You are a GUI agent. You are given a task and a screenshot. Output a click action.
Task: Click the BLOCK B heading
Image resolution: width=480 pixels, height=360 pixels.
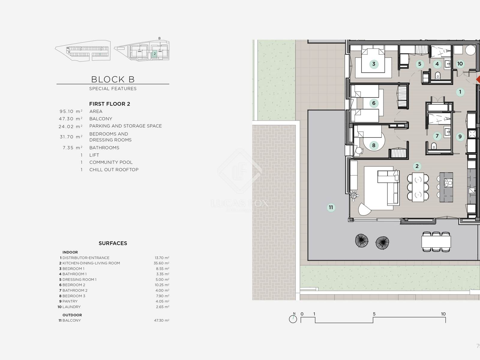(113, 79)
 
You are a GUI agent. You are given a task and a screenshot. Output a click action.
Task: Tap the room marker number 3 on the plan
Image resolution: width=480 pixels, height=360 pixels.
(374, 64)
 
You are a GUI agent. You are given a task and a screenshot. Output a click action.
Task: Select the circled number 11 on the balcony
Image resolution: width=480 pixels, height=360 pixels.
(331, 207)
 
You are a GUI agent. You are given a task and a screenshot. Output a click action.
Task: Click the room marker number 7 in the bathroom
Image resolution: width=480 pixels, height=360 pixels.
(437, 136)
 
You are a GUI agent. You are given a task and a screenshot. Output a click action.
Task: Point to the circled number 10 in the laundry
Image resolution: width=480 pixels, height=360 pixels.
(460, 64)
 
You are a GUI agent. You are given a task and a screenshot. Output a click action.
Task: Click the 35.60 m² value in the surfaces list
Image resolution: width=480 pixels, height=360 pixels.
(161, 263)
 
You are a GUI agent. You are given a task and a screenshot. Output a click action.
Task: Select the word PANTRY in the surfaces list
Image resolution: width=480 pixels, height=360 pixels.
(70, 301)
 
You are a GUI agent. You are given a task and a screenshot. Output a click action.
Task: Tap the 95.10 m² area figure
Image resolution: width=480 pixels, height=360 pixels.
(71, 112)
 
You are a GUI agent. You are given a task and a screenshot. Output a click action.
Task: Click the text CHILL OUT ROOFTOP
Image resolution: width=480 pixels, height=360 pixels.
(114, 169)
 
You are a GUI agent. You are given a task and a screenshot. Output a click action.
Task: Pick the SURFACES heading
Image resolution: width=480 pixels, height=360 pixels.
(113, 243)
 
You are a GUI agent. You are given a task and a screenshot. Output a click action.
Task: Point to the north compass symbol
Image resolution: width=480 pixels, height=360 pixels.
(293, 319)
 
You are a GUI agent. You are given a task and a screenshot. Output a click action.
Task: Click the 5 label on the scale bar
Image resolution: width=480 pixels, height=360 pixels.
(374, 314)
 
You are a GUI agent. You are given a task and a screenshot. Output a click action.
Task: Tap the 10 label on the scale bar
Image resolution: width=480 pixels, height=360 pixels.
(443, 314)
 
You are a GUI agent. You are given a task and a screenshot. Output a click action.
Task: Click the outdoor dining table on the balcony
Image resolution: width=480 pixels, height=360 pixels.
(436, 242)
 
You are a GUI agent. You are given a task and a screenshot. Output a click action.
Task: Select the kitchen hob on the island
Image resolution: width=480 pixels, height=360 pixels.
(448, 183)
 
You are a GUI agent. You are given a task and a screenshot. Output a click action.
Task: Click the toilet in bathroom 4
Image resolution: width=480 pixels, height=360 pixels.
(438, 76)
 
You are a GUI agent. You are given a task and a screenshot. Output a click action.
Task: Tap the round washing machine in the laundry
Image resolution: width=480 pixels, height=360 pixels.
(470, 50)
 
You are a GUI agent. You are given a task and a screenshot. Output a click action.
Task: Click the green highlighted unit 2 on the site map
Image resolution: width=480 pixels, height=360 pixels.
(154, 54)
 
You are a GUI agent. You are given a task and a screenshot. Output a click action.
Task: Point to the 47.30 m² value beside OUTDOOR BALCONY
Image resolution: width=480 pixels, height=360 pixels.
(162, 320)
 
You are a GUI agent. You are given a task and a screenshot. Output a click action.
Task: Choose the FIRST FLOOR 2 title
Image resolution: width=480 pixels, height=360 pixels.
(109, 104)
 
